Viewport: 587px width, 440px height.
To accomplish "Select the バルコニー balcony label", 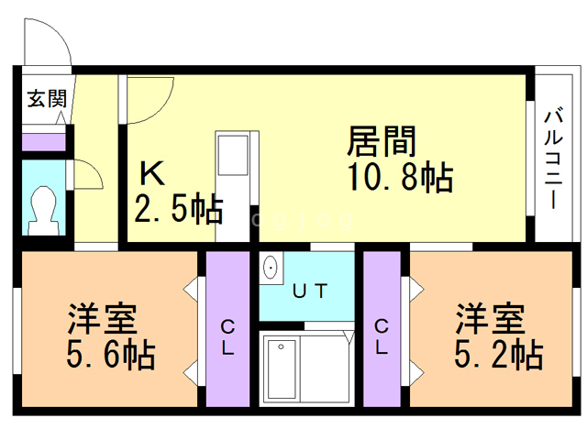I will (x=552, y=159).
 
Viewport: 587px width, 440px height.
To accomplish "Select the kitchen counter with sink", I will (x=232, y=183).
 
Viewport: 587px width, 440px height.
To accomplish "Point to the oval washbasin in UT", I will (x=271, y=269).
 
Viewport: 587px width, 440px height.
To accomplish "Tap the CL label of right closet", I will (x=381, y=336).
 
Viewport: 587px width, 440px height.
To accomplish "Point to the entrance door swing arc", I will (x=46, y=41).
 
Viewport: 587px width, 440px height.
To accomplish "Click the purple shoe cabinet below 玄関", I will (x=42, y=141).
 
